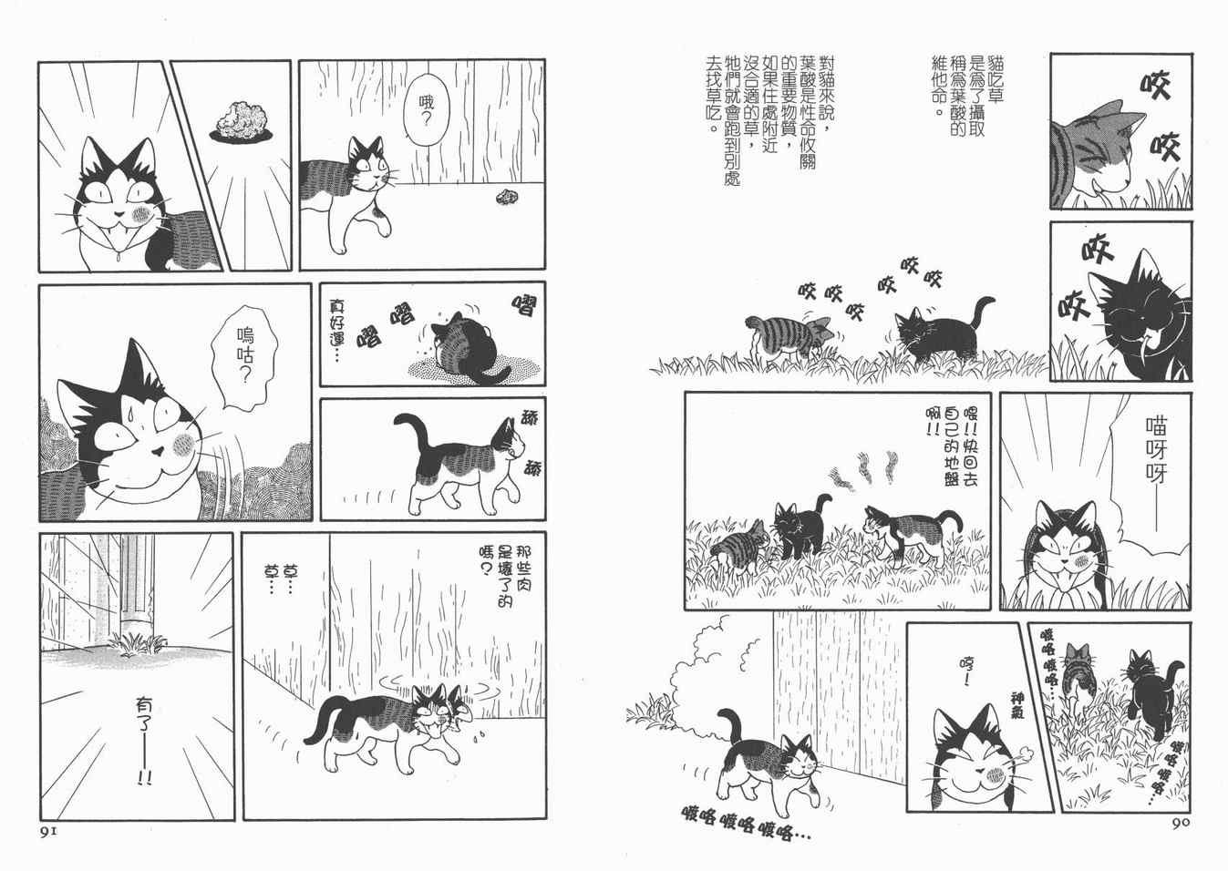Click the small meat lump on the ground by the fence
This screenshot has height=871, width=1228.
coord(505,197)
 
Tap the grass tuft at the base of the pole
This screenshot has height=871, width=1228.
coord(137,644)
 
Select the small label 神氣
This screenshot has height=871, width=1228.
coord(1016,706)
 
